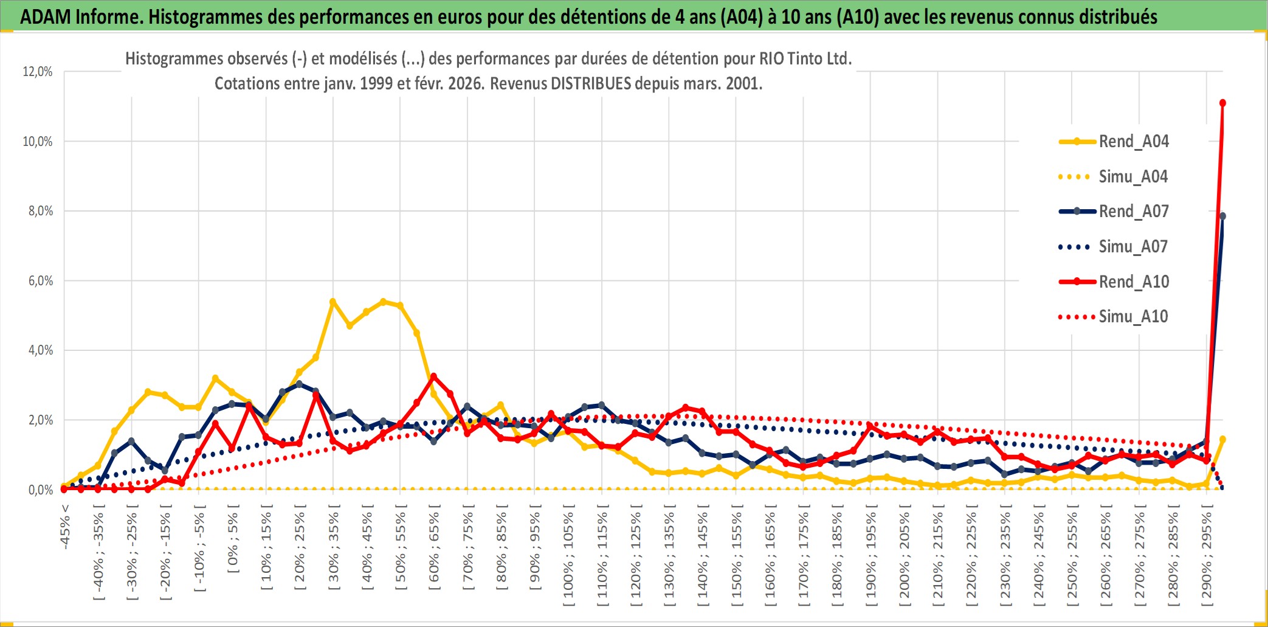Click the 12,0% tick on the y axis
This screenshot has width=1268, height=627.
[x=38, y=72]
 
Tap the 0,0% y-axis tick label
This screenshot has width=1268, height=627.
[x=40, y=490]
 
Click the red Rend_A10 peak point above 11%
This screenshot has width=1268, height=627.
[x=1222, y=103]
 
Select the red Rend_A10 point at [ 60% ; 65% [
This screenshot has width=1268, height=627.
[x=433, y=376]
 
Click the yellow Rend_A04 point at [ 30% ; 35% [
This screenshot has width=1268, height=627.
[x=333, y=302]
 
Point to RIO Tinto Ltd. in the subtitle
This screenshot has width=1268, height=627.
[x=805, y=59]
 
